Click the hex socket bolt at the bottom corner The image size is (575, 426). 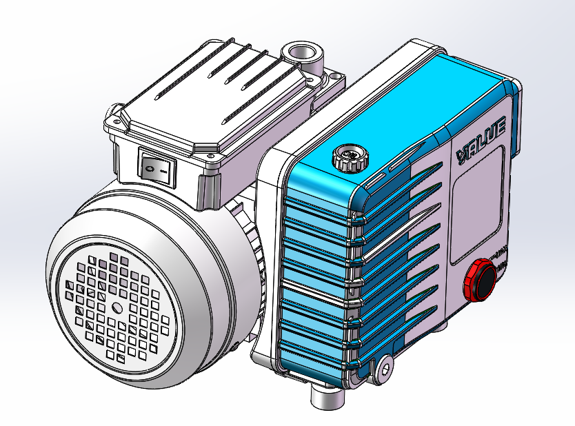point(383,365)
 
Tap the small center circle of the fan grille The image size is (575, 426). point(115,307)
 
